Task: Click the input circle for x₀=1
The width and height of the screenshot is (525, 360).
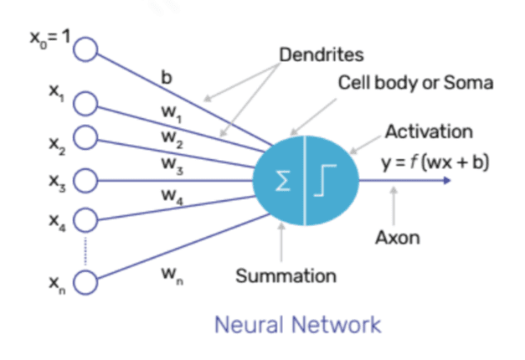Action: (85, 51)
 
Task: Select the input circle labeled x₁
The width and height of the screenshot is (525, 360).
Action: (85, 103)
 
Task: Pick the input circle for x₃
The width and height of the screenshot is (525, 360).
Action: (85, 179)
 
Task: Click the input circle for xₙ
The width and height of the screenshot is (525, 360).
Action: (85, 285)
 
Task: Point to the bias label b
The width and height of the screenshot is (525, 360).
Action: (167, 80)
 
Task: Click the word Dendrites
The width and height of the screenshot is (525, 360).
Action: (321, 55)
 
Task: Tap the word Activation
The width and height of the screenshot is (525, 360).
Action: (429, 132)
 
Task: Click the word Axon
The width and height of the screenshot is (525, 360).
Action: (397, 237)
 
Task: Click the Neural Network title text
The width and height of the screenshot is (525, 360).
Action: (297, 323)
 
